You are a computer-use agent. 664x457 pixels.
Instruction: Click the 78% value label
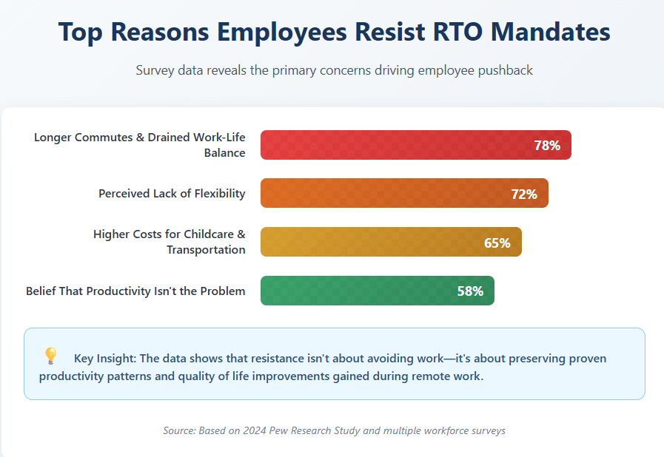(x=547, y=146)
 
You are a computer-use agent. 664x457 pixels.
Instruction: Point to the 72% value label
(x=524, y=194)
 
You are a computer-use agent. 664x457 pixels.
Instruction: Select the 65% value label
(x=497, y=243)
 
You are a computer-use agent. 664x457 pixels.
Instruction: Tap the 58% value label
(x=470, y=291)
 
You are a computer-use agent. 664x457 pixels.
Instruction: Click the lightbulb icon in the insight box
(x=50, y=356)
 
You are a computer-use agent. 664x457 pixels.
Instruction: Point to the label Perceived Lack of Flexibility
(x=172, y=194)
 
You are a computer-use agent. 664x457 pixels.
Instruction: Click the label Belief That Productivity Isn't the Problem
(x=135, y=291)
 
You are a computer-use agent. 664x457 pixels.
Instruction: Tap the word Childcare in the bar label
(x=204, y=234)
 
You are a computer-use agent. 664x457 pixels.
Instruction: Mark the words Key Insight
(x=104, y=359)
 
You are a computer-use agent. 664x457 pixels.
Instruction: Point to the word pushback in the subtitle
(x=505, y=71)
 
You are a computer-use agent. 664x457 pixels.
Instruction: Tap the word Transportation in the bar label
(x=206, y=250)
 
